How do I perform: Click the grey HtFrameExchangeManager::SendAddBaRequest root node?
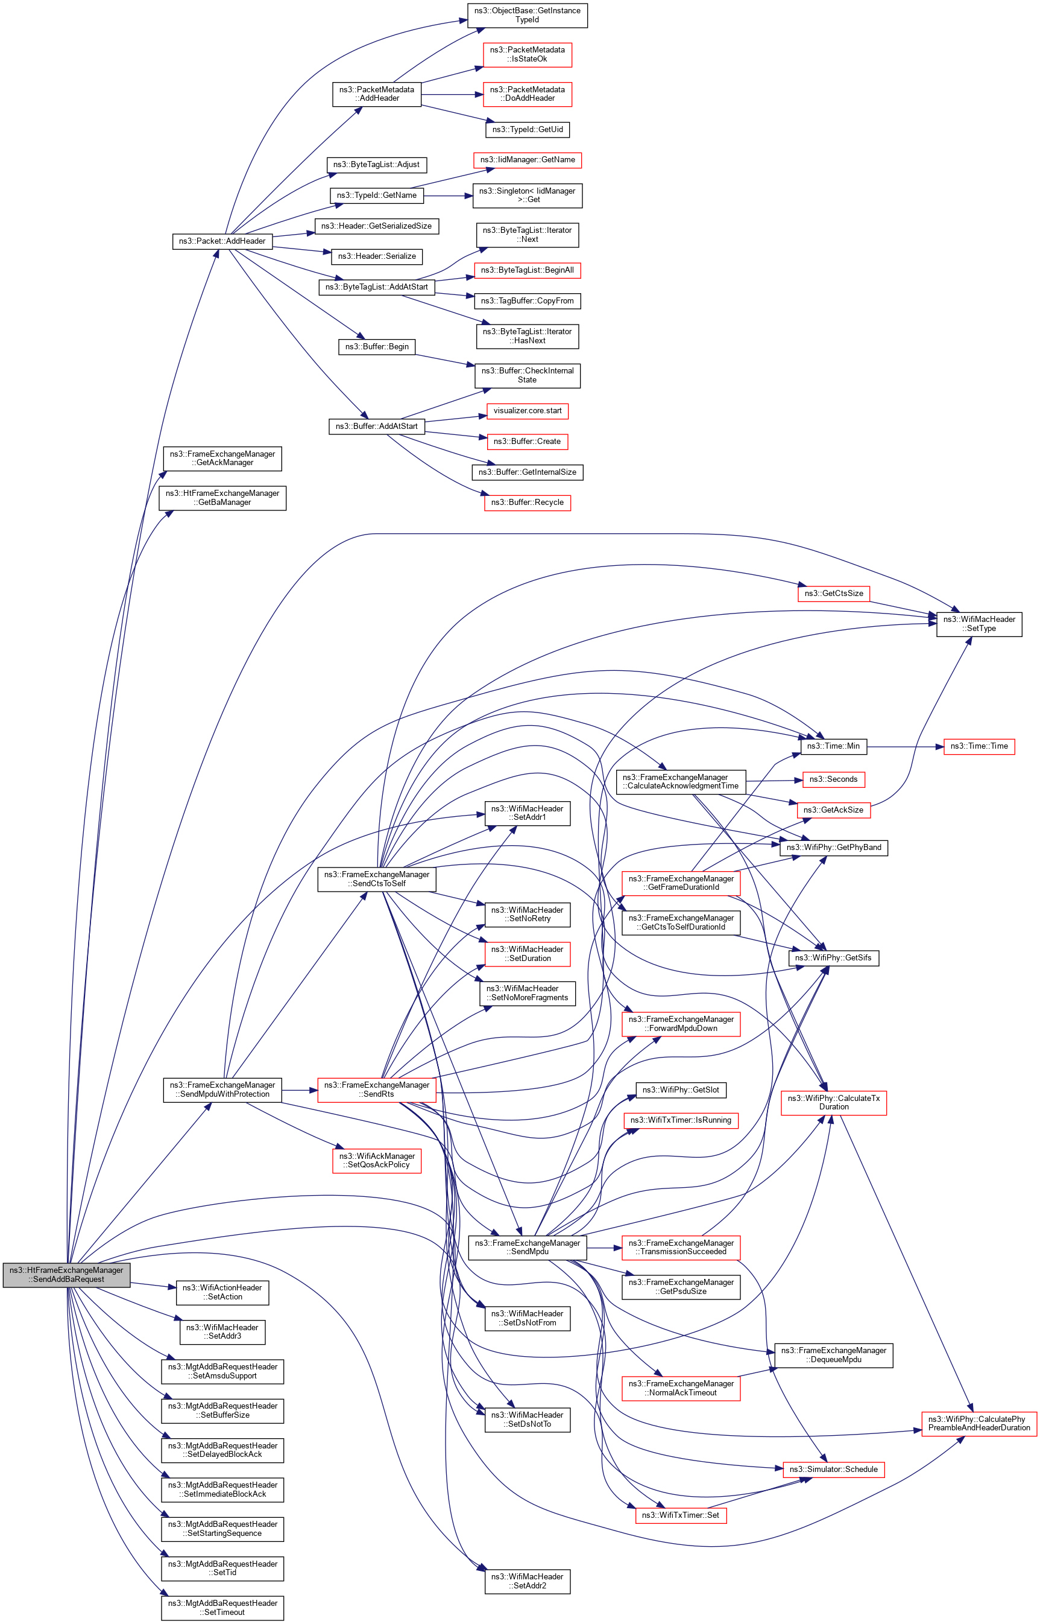point(66,1274)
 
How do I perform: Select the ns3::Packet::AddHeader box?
point(222,241)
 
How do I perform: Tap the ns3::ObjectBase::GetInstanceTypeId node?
point(527,15)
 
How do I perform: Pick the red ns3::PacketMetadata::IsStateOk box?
point(527,55)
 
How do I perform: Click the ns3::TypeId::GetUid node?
point(527,129)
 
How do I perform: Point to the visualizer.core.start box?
point(527,411)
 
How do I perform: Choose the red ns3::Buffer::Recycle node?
point(527,503)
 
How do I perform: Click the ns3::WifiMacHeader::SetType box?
point(979,624)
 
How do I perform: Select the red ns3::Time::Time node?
point(979,746)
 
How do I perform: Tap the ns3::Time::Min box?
point(833,746)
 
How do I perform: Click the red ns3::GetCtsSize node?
point(833,594)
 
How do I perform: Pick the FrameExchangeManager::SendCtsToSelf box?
point(376,879)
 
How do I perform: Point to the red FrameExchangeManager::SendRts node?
point(376,1090)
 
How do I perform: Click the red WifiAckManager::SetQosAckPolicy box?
point(376,1161)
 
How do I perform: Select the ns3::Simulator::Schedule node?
point(833,1470)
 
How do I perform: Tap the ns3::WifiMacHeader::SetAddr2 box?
point(527,1581)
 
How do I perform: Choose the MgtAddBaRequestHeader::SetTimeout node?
point(222,1608)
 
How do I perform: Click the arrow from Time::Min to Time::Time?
point(905,746)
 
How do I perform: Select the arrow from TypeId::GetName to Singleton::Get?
point(448,196)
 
